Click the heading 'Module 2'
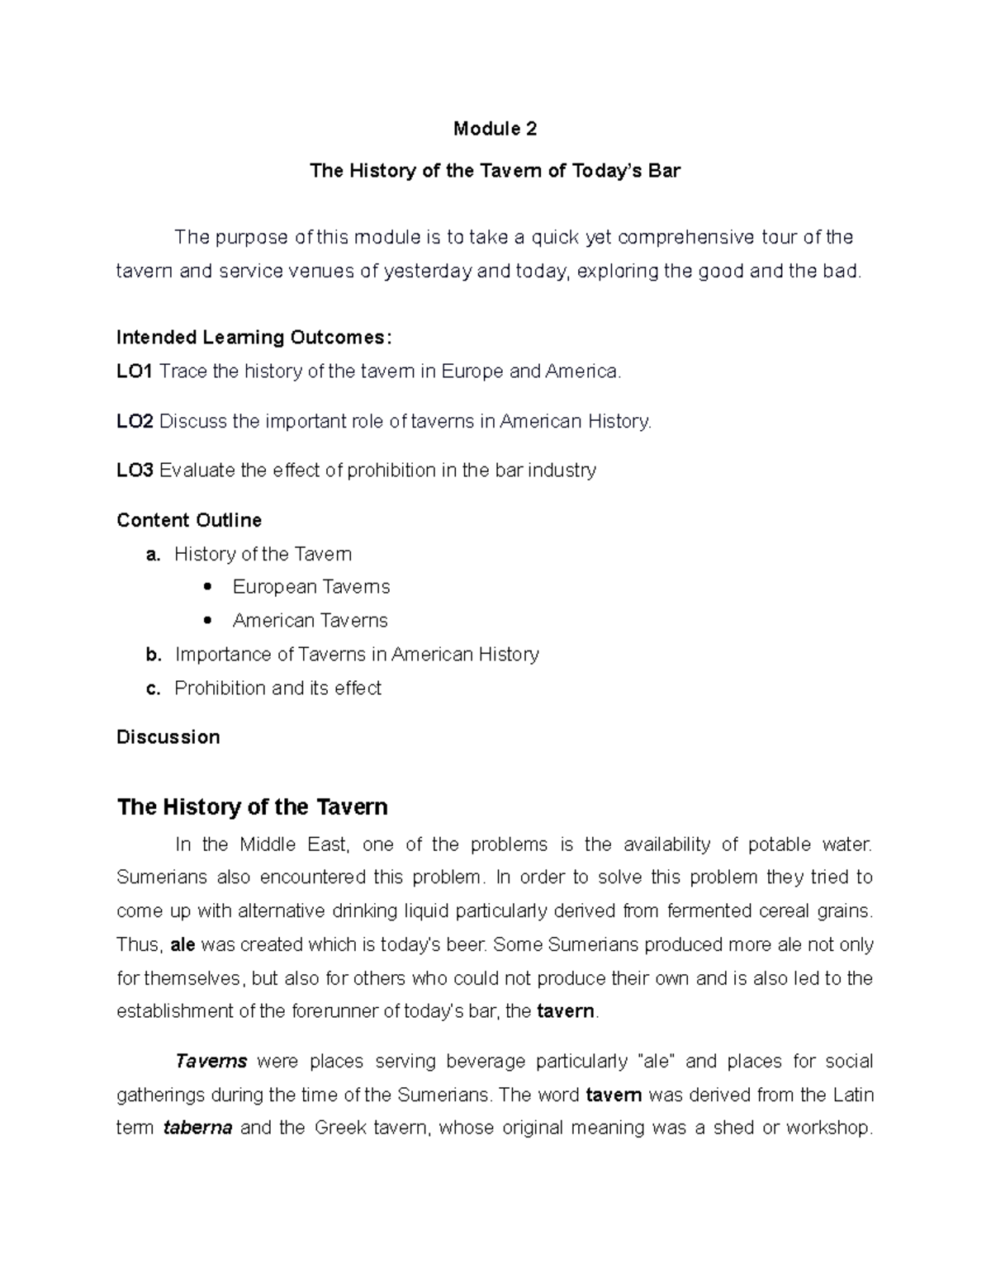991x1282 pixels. click(495, 129)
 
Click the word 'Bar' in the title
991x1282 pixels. click(664, 171)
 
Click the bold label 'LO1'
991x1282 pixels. click(135, 371)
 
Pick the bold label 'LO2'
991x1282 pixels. click(135, 421)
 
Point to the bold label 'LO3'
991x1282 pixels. click(135, 471)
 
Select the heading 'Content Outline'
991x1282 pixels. click(189, 520)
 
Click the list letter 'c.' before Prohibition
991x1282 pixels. click(153, 688)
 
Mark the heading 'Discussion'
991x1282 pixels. click(168, 737)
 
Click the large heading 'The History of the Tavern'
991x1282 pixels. click(253, 807)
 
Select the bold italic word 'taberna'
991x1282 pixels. click(197, 1128)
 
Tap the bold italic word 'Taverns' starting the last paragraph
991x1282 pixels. click(211, 1061)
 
